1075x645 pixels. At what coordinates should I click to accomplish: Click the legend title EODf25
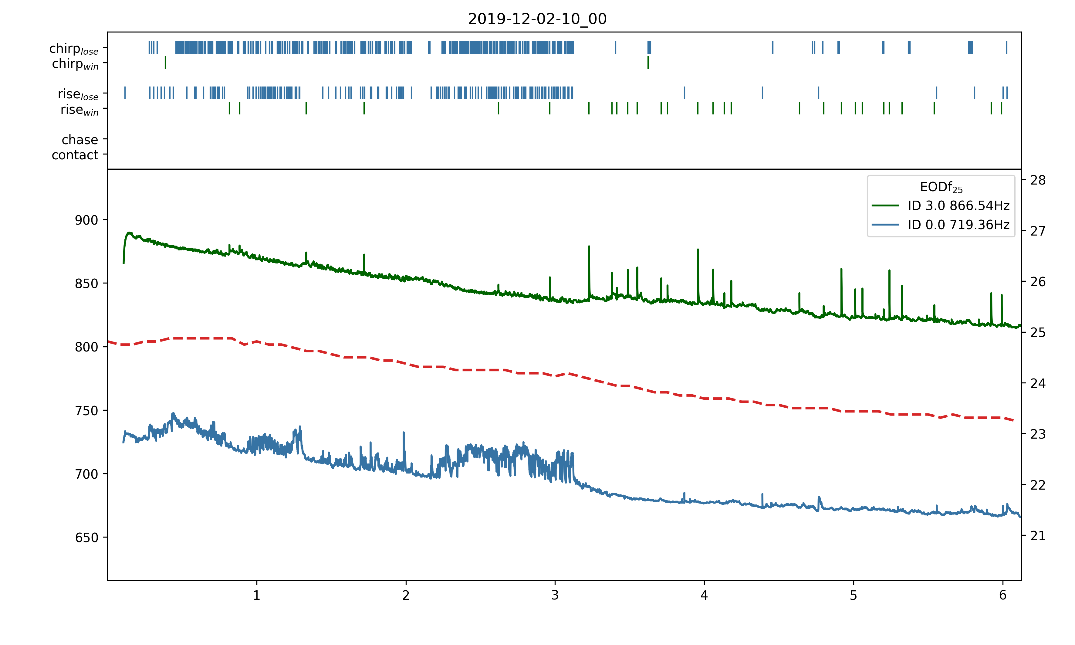point(941,187)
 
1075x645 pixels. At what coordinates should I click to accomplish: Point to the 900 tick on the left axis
point(86,220)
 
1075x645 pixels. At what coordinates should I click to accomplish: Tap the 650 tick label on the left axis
point(86,538)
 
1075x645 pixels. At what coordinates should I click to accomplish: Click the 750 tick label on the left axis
point(86,411)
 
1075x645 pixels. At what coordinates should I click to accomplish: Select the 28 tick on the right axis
point(1038,180)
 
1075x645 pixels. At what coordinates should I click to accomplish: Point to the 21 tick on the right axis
point(1038,536)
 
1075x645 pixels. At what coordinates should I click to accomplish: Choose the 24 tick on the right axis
point(1038,383)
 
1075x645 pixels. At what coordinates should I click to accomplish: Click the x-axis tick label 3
point(555,596)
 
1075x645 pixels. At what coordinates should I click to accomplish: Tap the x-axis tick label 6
point(1002,596)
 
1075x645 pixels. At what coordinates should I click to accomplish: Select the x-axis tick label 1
point(257,596)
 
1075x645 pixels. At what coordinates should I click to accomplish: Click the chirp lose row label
point(74,49)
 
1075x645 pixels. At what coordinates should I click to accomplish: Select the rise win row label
point(79,110)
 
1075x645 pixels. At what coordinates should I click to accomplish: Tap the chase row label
point(80,140)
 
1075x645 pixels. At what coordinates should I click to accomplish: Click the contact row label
point(75,155)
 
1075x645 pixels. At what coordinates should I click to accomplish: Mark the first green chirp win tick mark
point(165,63)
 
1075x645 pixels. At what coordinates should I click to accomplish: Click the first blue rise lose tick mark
point(125,93)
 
